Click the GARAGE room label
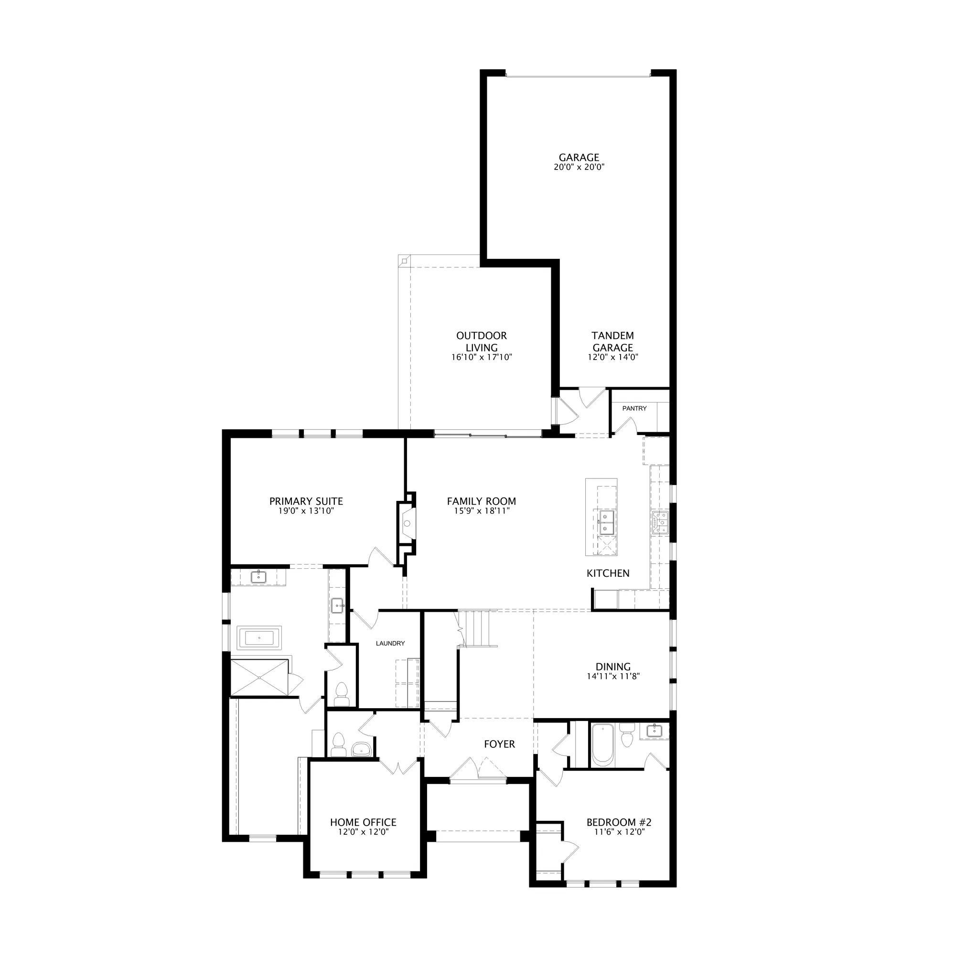[579, 157]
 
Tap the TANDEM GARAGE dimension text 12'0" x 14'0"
[613, 357]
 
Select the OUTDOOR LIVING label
[482, 341]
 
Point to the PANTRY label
[634, 408]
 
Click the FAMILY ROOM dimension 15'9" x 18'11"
[481, 511]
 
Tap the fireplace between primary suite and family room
[406, 523]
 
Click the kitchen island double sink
[606, 523]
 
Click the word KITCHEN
[608, 573]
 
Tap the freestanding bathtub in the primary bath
[259, 637]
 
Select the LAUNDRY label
[390, 643]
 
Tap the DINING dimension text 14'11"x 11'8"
[613, 677]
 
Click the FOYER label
[500, 744]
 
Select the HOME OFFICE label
[363, 823]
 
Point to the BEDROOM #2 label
[619, 823]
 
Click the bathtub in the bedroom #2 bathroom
[602, 745]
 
